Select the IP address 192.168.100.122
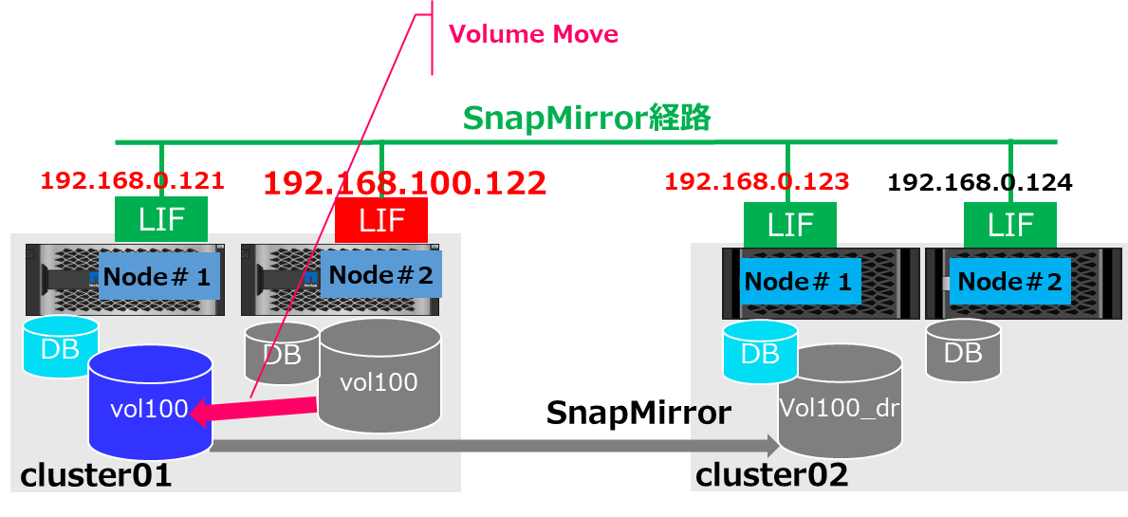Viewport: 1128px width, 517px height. (404, 182)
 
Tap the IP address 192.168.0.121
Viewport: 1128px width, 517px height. (132, 180)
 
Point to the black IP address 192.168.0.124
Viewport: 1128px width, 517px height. (979, 182)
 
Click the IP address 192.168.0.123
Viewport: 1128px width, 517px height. (757, 180)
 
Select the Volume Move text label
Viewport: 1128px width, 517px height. (533, 35)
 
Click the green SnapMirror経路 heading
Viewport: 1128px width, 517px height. (587, 119)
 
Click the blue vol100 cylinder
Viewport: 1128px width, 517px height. (149, 403)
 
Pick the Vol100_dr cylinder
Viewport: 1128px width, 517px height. (839, 403)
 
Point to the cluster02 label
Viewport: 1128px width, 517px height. (771, 473)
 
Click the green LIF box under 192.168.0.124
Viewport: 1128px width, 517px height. (1010, 225)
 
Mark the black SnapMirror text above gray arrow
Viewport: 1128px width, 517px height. (638, 413)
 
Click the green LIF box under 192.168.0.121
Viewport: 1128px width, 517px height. (161, 220)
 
